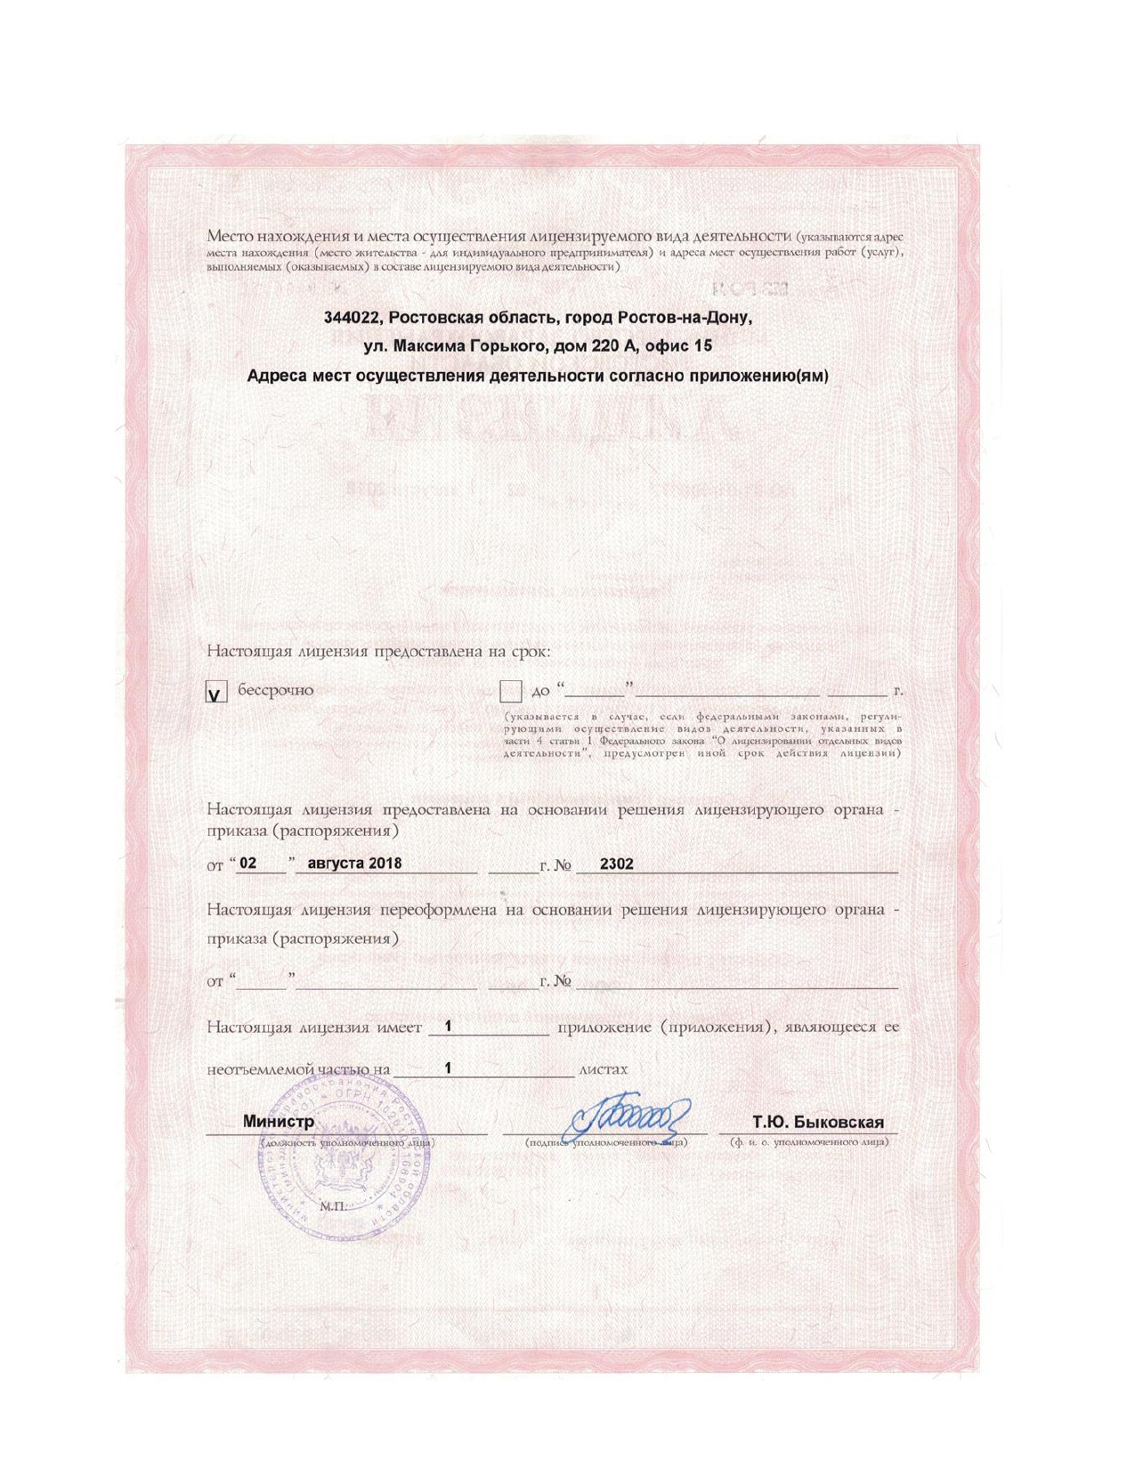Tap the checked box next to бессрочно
coord(216,692)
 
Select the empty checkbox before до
coord(510,692)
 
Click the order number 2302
coord(616,864)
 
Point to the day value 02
coord(248,864)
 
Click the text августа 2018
coord(353,864)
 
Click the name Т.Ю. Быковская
coord(817,1122)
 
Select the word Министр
coord(279,1121)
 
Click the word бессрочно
coord(275,690)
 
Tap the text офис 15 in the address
coord(676,345)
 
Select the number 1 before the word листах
coord(449,1067)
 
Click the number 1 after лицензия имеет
coord(449,1026)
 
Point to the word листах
coord(603,1068)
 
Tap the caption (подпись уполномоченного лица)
coord(605,1141)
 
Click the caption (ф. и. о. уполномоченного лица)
coord(808,1141)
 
